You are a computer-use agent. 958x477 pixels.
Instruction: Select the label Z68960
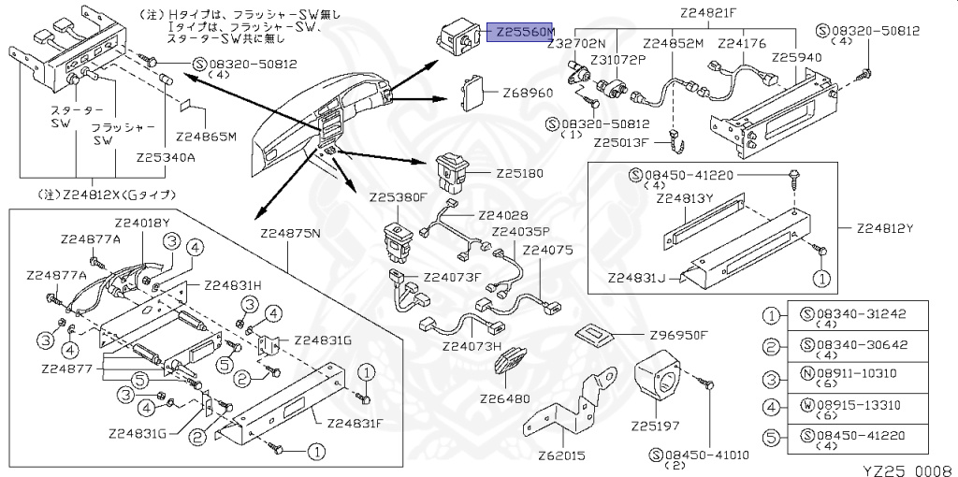(x=528, y=94)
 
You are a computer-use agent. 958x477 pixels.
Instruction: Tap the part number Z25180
(x=520, y=174)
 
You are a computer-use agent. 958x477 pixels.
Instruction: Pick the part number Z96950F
(x=679, y=336)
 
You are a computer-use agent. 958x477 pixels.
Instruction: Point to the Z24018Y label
(x=141, y=223)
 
